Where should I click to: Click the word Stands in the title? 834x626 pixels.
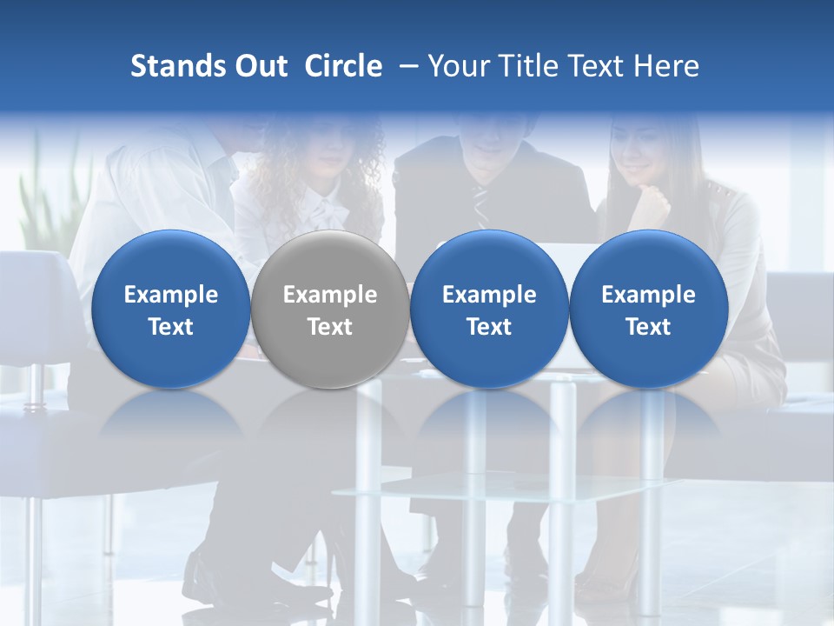[x=173, y=66]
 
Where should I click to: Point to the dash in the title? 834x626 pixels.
[x=405, y=66]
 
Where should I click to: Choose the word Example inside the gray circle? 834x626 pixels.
[x=330, y=295]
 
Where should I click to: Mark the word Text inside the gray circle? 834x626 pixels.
[x=330, y=327]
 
